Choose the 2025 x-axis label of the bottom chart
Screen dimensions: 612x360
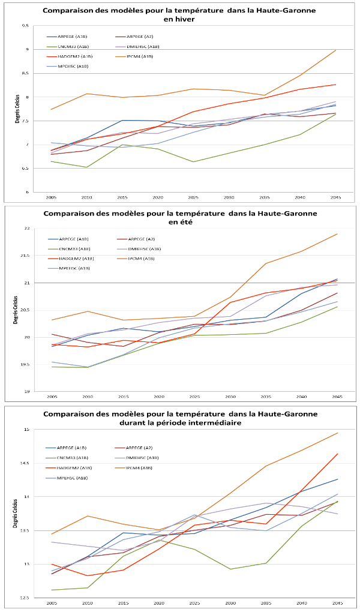click(x=194, y=602)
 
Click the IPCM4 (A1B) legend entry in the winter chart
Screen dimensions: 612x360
click(x=141, y=56)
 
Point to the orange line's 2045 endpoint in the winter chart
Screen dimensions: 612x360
click(x=335, y=50)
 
